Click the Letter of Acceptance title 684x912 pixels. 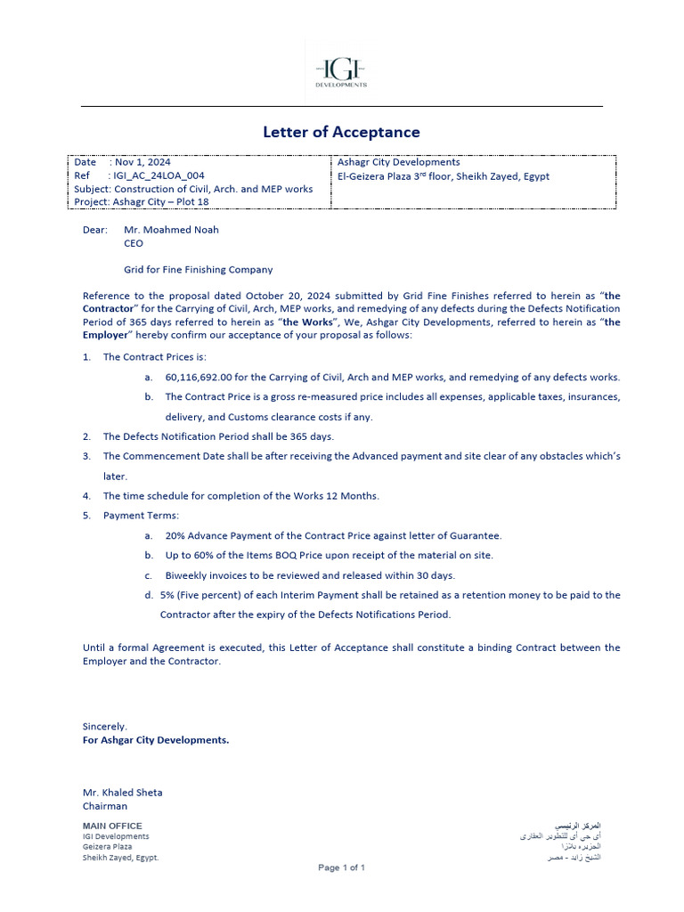tap(341, 132)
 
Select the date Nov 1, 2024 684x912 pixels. tap(141, 162)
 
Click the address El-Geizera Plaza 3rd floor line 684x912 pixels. tap(444, 176)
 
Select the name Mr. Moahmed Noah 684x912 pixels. tap(171, 230)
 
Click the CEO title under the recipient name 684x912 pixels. tap(133, 243)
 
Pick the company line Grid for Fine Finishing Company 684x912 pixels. tap(198, 270)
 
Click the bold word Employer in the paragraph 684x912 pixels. tap(106, 335)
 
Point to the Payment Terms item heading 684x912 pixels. tap(141, 516)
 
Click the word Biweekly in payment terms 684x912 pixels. tap(189, 575)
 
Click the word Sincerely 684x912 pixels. tap(104, 727)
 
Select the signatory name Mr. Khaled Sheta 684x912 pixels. tap(122, 793)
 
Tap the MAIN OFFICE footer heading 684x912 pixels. tap(112, 826)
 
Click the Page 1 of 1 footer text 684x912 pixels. tap(341, 867)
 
